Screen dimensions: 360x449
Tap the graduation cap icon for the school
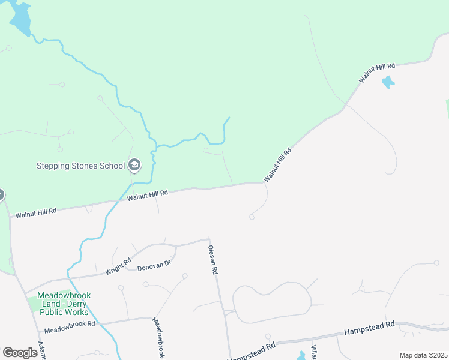point(134,166)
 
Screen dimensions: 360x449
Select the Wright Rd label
point(118,266)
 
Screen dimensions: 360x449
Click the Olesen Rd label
point(212,260)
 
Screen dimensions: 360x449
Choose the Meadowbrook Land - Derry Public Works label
point(62,304)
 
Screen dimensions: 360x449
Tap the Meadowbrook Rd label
point(70,323)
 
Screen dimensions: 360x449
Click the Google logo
point(20,353)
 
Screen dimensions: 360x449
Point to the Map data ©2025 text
point(423,355)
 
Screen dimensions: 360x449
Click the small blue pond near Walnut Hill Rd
point(388,82)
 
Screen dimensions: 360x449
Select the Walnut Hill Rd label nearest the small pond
point(377,73)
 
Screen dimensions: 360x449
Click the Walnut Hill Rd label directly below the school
point(147,194)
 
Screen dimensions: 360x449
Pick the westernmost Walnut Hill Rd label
point(36,212)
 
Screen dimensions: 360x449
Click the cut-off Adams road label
point(41,350)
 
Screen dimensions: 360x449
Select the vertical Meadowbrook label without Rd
point(158,338)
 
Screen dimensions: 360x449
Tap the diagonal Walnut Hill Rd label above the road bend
point(277,165)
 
